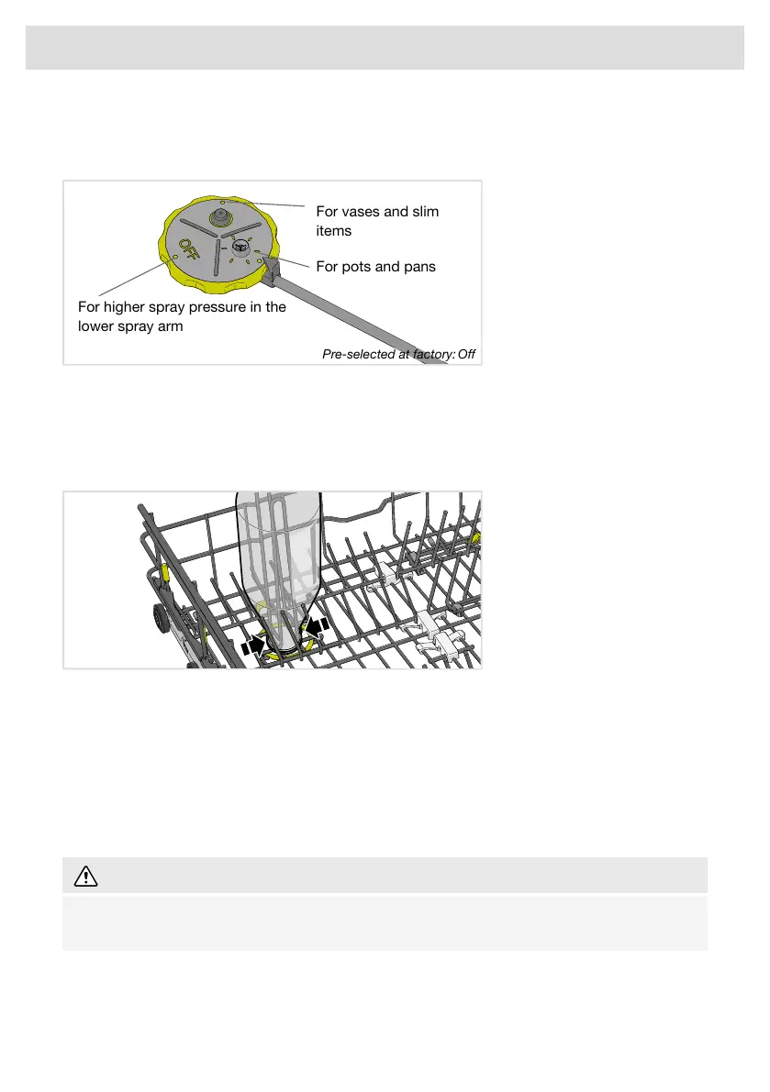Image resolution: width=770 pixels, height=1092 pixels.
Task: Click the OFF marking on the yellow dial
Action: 190,251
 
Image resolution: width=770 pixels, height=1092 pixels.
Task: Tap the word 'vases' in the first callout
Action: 361,212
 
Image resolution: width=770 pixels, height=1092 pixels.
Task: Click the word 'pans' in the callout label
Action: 419,267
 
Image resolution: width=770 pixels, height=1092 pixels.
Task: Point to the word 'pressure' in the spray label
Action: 218,307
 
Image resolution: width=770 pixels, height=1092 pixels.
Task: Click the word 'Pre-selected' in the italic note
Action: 358,355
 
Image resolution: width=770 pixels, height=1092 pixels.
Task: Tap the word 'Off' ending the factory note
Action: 466,355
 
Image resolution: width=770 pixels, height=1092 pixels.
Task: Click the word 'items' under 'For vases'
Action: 334,231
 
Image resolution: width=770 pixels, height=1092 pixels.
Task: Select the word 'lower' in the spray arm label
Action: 95,326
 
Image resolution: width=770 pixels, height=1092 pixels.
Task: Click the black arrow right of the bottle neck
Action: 317,626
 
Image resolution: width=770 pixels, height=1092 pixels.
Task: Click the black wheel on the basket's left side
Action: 160,619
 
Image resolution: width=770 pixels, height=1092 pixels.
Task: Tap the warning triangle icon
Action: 85,877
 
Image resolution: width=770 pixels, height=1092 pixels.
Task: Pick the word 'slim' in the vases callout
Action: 426,212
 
